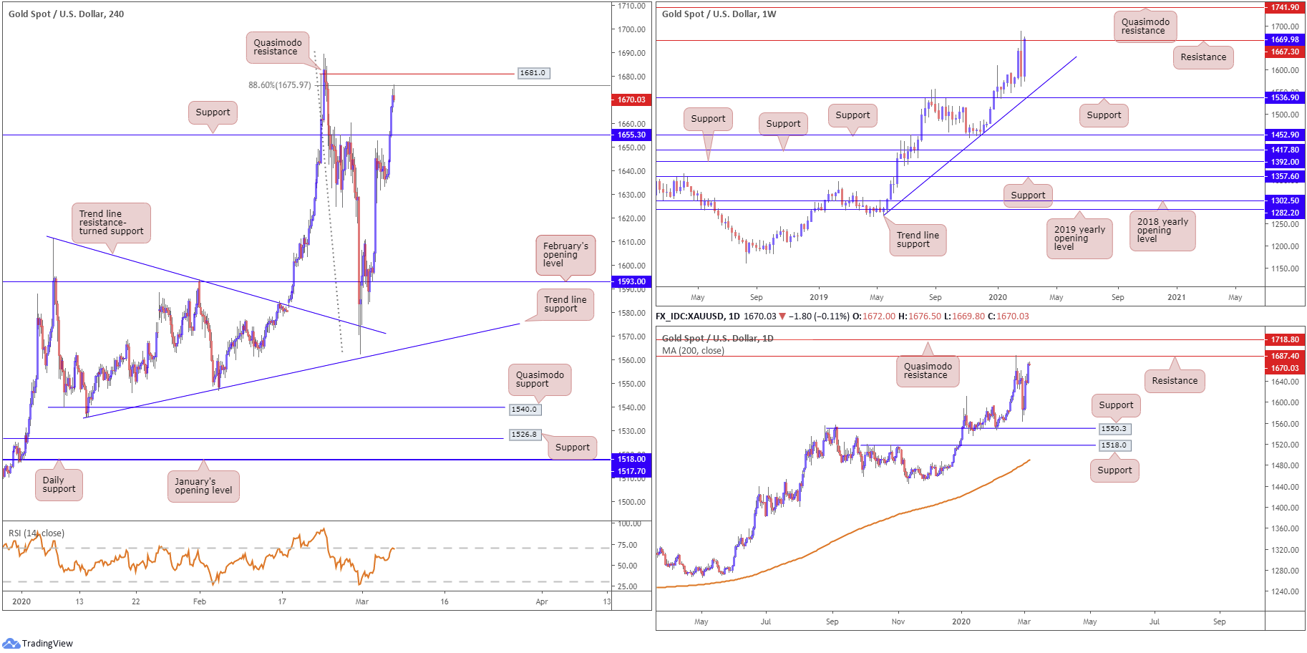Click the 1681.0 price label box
click(533, 73)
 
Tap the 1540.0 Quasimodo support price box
click(525, 410)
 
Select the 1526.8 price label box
click(525, 435)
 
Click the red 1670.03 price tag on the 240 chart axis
click(631, 100)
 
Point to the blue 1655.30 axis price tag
click(631, 135)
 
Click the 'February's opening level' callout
click(565, 255)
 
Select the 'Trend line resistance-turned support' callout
click(111, 223)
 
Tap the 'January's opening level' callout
click(203, 486)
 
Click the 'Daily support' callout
click(59, 485)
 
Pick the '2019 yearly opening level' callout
click(1079, 238)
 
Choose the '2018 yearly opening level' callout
click(1162, 231)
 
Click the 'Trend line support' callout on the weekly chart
click(917, 240)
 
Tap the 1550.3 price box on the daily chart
click(1114, 429)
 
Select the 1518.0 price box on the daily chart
click(1114, 445)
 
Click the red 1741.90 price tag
click(1285, 7)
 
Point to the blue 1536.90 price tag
click(1285, 97)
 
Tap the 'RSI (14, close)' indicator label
click(37, 533)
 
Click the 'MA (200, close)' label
click(693, 351)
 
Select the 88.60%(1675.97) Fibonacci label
click(280, 85)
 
